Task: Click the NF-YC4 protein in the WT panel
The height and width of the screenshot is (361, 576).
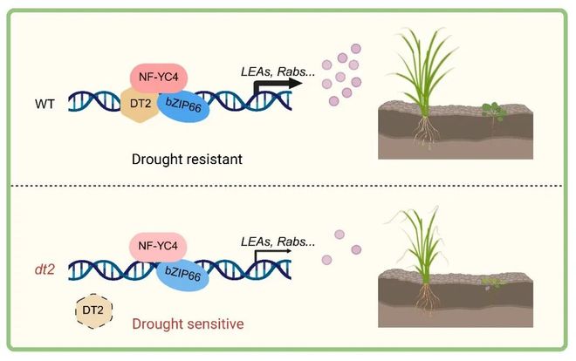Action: [x=159, y=78]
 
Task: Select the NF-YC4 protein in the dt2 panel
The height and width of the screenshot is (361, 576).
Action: [x=158, y=246]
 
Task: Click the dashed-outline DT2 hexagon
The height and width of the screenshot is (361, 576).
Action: [x=93, y=310]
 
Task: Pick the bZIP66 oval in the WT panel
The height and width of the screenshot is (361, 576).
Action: [x=183, y=106]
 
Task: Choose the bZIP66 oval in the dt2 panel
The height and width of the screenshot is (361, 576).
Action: [x=183, y=275]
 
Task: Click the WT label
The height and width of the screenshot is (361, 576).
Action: [x=45, y=104]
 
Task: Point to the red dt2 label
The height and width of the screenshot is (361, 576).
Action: [x=45, y=270]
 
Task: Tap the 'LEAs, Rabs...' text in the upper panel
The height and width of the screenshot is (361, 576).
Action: [x=278, y=72]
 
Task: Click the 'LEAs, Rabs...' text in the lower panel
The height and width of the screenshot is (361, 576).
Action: [x=278, y=242]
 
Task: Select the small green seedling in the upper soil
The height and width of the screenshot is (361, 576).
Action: [x=494, y=111]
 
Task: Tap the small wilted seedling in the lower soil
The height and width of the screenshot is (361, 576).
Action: [x=493, y=283]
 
